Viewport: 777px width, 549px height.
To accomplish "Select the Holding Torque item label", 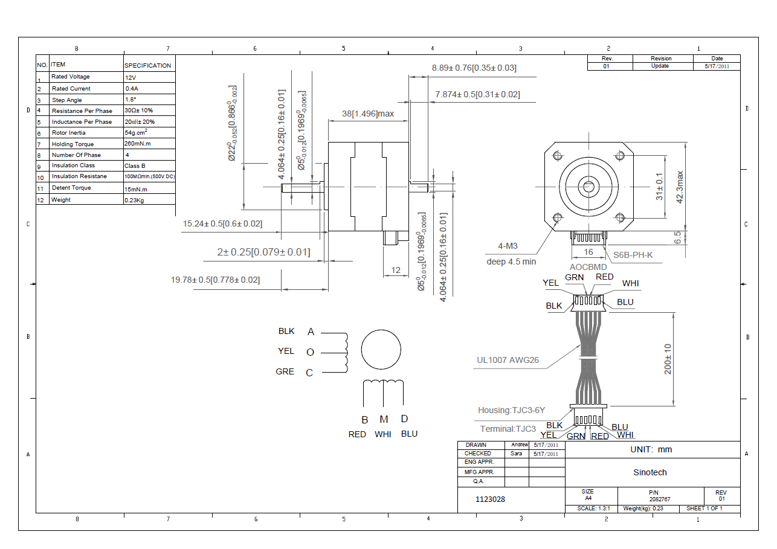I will point(72,144).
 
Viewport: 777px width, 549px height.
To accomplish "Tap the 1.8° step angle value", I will point(130,100).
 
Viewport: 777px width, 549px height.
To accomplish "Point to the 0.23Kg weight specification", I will point(134,200).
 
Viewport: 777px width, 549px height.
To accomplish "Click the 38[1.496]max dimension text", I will point(368,114).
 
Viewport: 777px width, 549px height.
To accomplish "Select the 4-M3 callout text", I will point(507,246).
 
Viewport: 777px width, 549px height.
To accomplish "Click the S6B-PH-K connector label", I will point(633,255).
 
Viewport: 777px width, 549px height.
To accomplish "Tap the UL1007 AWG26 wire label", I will point(508,361).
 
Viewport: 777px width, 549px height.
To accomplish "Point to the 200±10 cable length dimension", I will point(668,359).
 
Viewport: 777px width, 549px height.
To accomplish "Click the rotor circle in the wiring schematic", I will point(381,350).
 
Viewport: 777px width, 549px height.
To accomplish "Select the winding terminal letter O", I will point(311,352).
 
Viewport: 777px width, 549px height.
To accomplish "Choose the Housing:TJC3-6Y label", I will point(511,410).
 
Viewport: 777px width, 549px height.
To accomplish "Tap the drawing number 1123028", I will point(490,499).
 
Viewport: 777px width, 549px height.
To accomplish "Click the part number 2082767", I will point(660,499).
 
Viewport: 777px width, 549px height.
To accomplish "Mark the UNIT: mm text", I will point(651,449).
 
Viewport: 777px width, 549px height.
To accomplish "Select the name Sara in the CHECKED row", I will point(516,453).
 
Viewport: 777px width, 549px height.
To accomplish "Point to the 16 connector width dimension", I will point(588,252).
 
